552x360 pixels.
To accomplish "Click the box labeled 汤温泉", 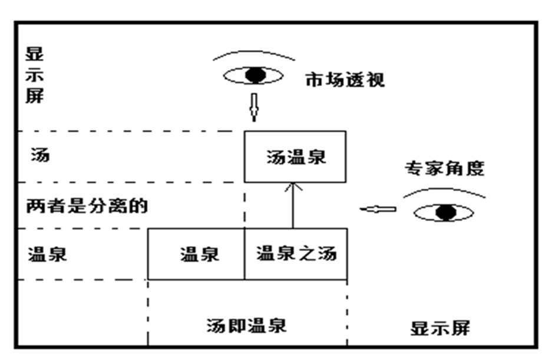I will [x=295, y=157].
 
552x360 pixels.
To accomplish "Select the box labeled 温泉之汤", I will [x=296, y=254].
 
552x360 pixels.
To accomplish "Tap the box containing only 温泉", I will [x=196, y=254].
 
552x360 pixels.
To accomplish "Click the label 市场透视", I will [x=345, y=80].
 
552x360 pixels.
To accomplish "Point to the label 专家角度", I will [x=444, y=169].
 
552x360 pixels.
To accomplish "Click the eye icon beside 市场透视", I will [x=254, y=75].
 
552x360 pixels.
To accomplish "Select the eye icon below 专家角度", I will [x=444, y=212].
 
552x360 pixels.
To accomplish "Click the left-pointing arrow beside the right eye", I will [x=378, y=209].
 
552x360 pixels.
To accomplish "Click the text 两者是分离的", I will [x=86, y=206].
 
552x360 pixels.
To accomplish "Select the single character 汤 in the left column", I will [x=40, y=156].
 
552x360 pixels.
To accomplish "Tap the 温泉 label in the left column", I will [x=47, y=255].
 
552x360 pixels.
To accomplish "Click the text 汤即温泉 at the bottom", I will [x=247, y=325].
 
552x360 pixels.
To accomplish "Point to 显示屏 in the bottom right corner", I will [x=440, y=328].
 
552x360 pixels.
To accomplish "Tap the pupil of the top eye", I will [x=254, y=75].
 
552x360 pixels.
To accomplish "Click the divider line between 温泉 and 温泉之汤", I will [x=244, y=254].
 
